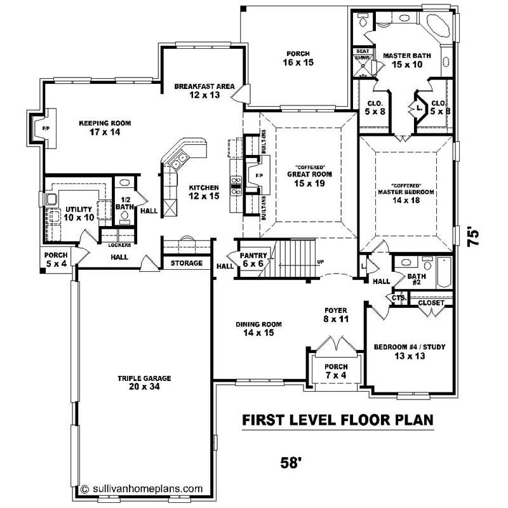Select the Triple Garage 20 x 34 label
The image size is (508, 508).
[144, 382]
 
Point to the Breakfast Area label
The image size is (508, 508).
[204, 91]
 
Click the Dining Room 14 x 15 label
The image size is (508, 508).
[258, 328]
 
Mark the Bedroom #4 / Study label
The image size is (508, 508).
[409, 351]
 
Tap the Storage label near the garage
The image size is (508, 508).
[187, 263]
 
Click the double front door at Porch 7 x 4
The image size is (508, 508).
[334, 348]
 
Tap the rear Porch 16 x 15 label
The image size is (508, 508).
[299, 58]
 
